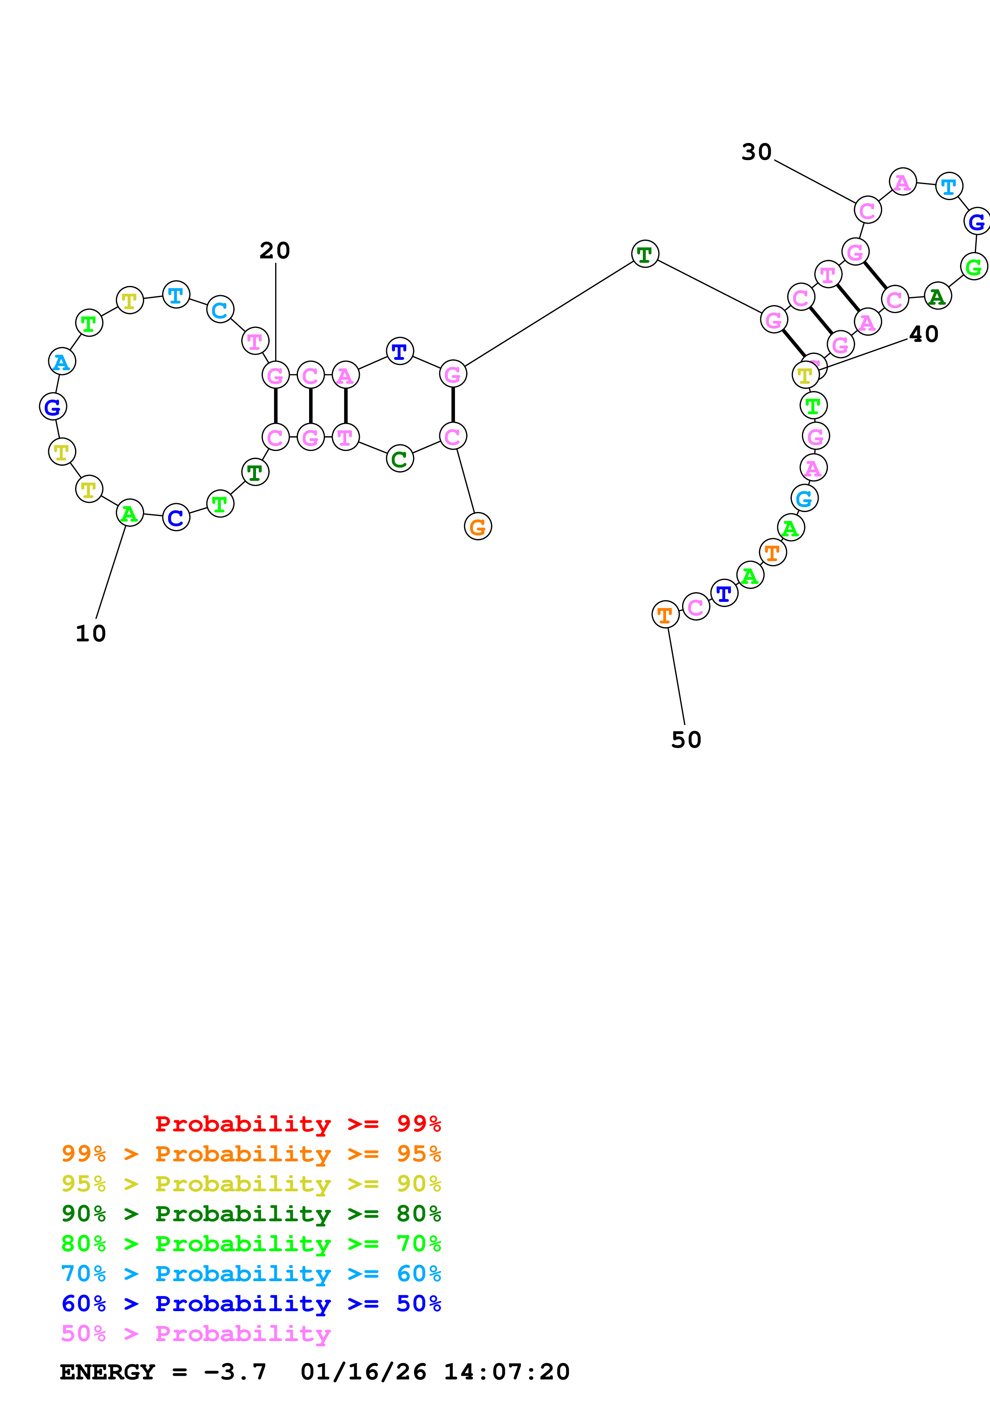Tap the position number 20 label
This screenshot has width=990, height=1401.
tap(274, 250)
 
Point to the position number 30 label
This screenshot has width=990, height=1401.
tap(756, 152)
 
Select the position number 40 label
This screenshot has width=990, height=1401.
tap(924, 334)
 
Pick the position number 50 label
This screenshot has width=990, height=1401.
tap(686, 740)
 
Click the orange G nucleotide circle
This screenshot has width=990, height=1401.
tap(478, 526)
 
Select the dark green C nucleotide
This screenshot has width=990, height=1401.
tap(399, 459)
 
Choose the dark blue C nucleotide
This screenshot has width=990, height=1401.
tap(176, 518)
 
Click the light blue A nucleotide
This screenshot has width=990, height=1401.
tap(62, 361)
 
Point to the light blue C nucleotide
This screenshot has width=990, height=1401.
tap(220, 310)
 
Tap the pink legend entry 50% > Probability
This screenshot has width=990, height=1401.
tap(195, 1334)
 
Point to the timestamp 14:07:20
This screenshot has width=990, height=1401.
tap(506, 1372)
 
